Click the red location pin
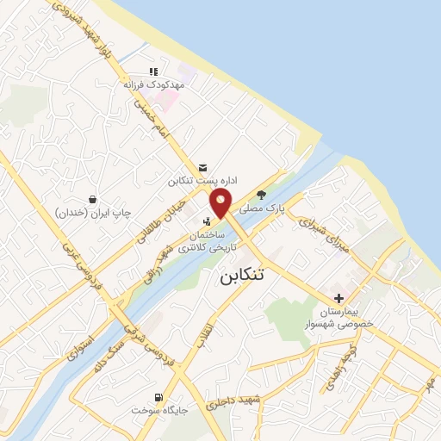[x=221, y=203]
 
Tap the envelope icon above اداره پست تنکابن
[x=202, y=166]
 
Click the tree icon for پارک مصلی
[x=274, y=194]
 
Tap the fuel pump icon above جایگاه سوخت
[x=158, y=397]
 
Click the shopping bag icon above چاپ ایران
[x=92, y=199]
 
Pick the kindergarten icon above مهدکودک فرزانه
[x=154, y=71]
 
